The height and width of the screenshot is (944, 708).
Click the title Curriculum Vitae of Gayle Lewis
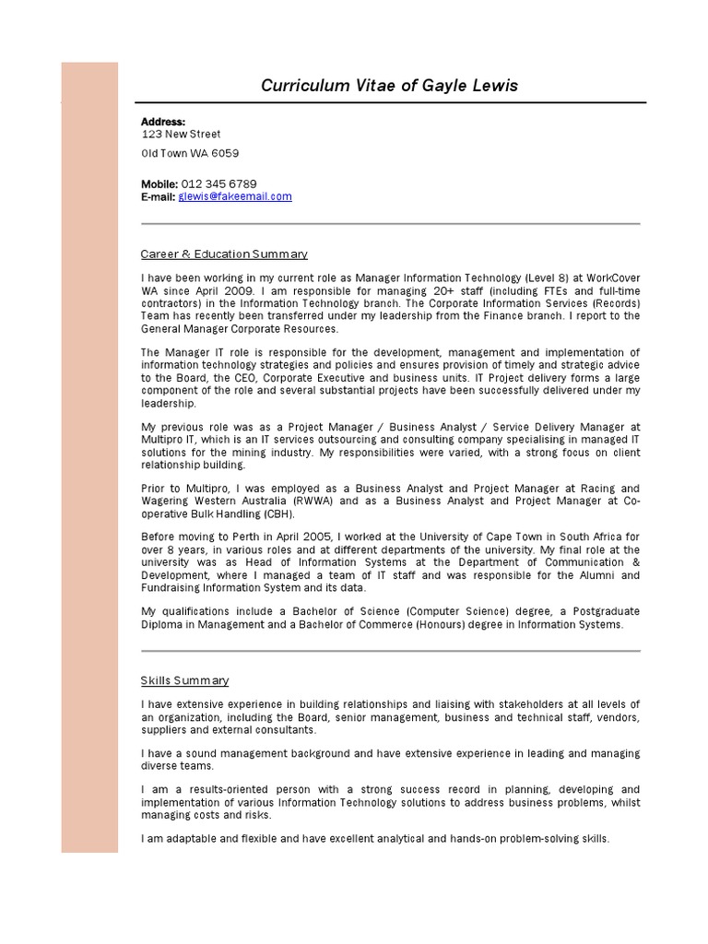[x=389, y=86]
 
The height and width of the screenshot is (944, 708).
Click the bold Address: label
[x=163, y=122]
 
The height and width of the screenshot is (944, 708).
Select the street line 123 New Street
[x=181, y=134]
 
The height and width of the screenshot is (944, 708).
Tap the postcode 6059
[x=225, y=153]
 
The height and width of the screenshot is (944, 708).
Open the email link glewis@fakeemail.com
[x=235, y=196]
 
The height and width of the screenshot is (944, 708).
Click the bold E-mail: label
[x=158, y=196]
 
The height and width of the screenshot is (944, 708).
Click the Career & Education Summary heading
[x=224, y=254]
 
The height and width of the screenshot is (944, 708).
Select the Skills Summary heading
[x=184, y=680]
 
